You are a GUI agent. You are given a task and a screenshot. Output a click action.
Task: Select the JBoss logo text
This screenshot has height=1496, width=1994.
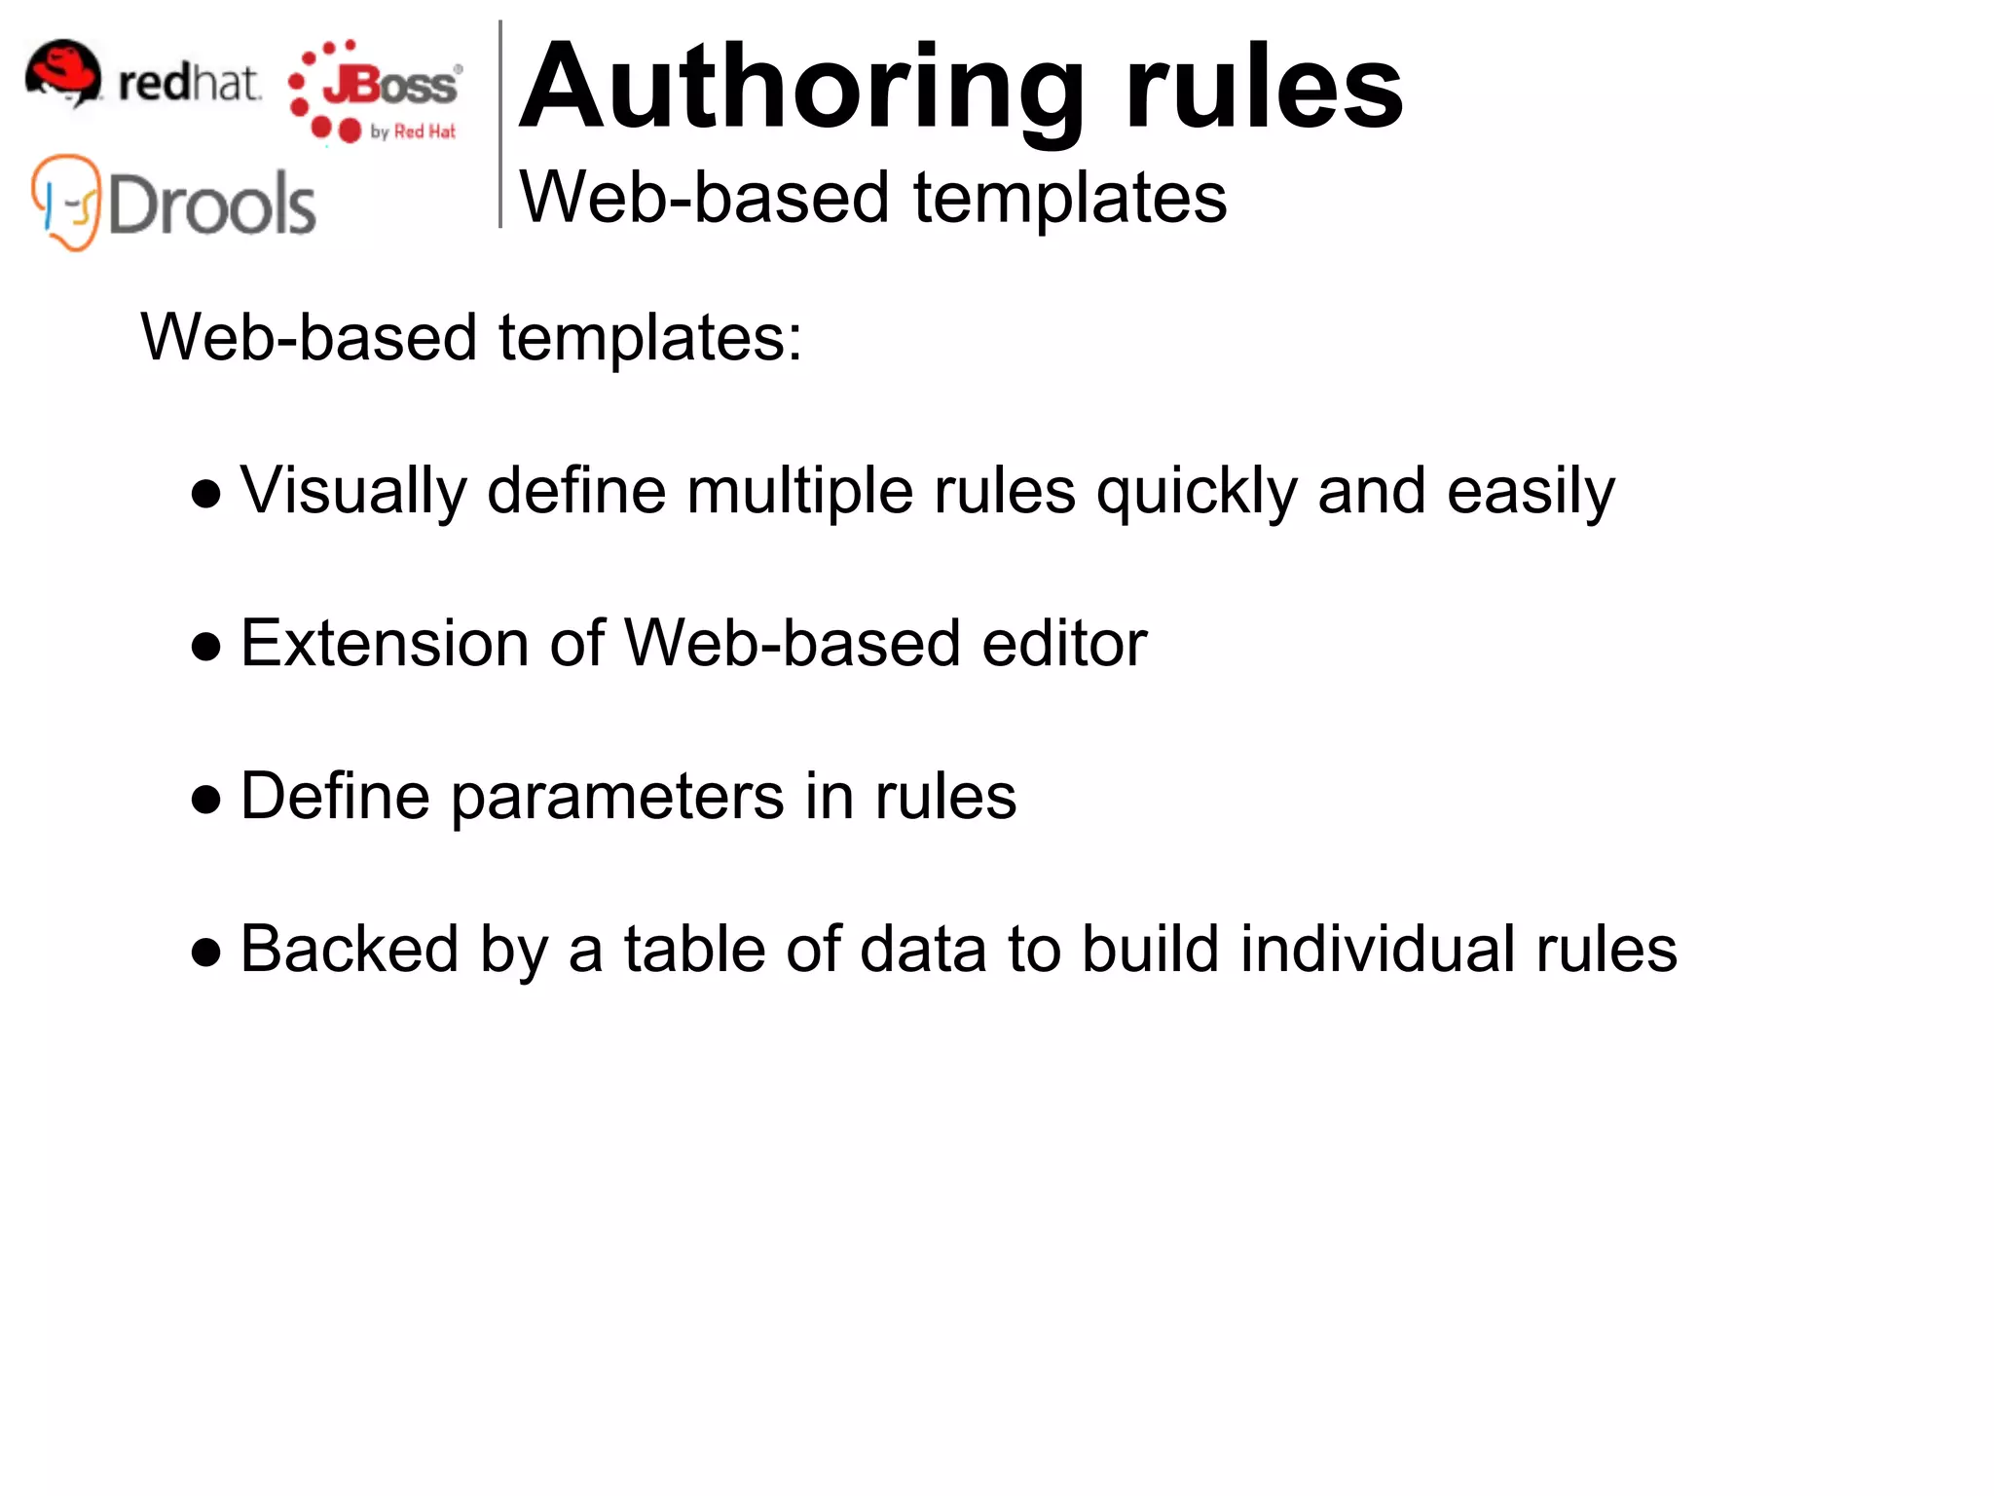(x=389, y=86)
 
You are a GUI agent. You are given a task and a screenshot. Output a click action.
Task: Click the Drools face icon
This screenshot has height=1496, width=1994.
(x=65, y=202)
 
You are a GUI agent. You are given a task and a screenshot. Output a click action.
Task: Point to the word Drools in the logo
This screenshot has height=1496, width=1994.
(x=212, y=205)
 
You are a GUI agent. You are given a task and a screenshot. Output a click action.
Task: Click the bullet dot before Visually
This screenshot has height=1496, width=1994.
(x=205, y=494)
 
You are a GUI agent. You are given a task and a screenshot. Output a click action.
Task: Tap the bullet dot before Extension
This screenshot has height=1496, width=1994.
(x=205, y=647)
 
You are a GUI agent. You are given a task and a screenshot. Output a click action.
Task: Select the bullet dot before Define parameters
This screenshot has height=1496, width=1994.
(x=205, y=800)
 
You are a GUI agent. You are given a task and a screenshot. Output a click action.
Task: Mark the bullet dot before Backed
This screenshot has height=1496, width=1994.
(x=205, y=953)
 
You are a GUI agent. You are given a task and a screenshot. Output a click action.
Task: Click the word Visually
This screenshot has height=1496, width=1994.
(x=353, y=490)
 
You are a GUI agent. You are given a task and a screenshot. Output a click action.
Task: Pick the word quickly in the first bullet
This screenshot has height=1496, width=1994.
(x=1197, y=492)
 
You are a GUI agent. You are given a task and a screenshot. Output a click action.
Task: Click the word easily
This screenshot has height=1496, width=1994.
(x=1531, y=492)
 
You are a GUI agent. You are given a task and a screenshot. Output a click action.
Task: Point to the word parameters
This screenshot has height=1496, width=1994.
(x=617, y=798)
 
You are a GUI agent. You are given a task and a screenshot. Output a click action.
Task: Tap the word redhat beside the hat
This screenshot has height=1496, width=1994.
(x=189, y=83)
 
